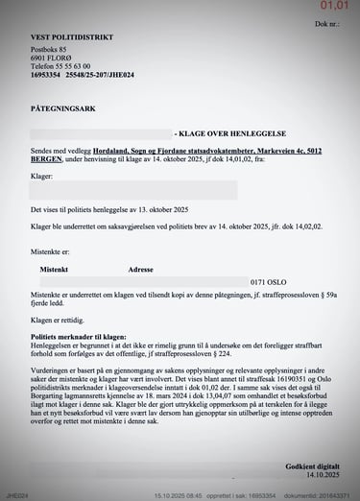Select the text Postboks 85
pyautogui.click(x=49, y=49)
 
